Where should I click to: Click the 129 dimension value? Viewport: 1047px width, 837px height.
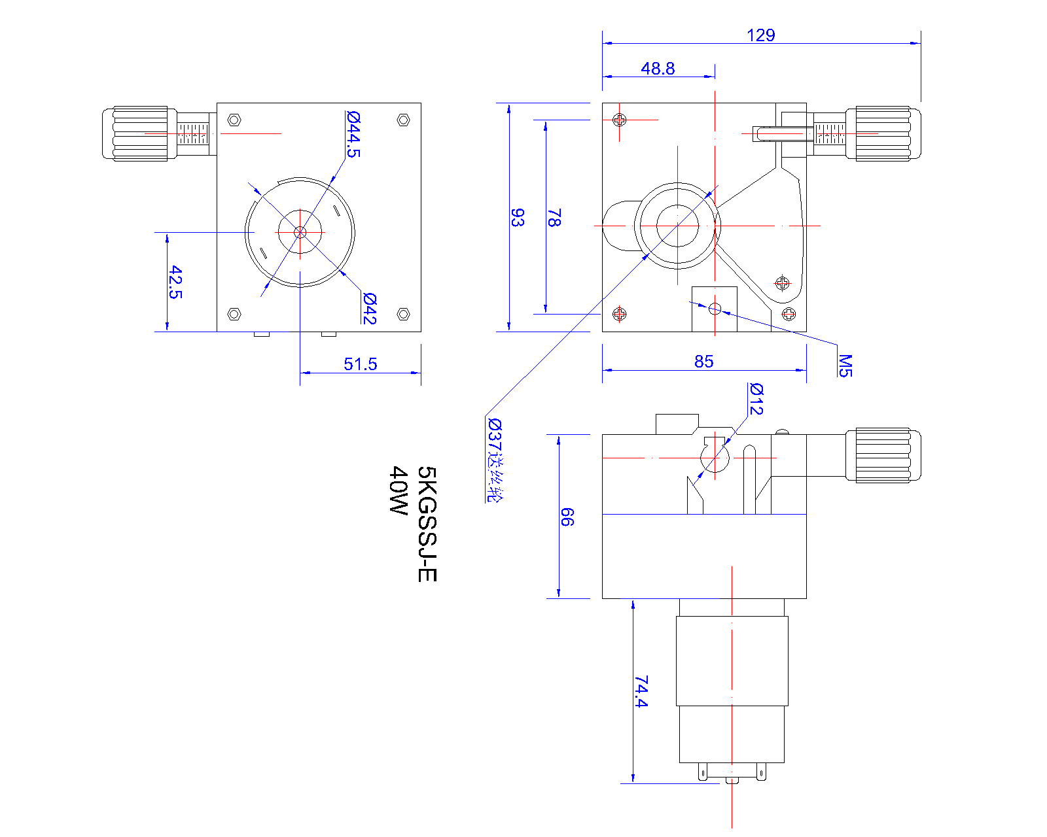760,35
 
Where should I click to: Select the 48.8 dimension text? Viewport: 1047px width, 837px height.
658,69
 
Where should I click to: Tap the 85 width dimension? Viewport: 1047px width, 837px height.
703,362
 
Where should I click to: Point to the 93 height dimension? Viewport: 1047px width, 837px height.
517,217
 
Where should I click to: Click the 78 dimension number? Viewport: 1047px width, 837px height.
554,217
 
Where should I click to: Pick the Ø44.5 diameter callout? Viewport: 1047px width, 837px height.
353,134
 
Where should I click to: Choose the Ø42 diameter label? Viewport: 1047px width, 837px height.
370,309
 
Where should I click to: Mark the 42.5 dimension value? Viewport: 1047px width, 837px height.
175,282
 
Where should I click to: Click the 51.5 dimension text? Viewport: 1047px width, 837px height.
360,364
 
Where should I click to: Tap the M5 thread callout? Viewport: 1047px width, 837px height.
845,366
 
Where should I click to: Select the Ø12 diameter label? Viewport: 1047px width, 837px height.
756,399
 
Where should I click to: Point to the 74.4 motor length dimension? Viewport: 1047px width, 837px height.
641,692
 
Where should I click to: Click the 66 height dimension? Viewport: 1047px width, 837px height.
567,517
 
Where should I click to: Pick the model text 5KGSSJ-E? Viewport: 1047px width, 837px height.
427,524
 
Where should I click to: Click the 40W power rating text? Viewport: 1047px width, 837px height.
398,490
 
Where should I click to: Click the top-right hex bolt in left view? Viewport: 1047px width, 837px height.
404,120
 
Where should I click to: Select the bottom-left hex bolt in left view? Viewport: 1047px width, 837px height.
234,314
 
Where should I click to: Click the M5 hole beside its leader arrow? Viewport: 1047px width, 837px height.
715,308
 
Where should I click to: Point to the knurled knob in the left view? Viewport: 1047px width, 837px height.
139,133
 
